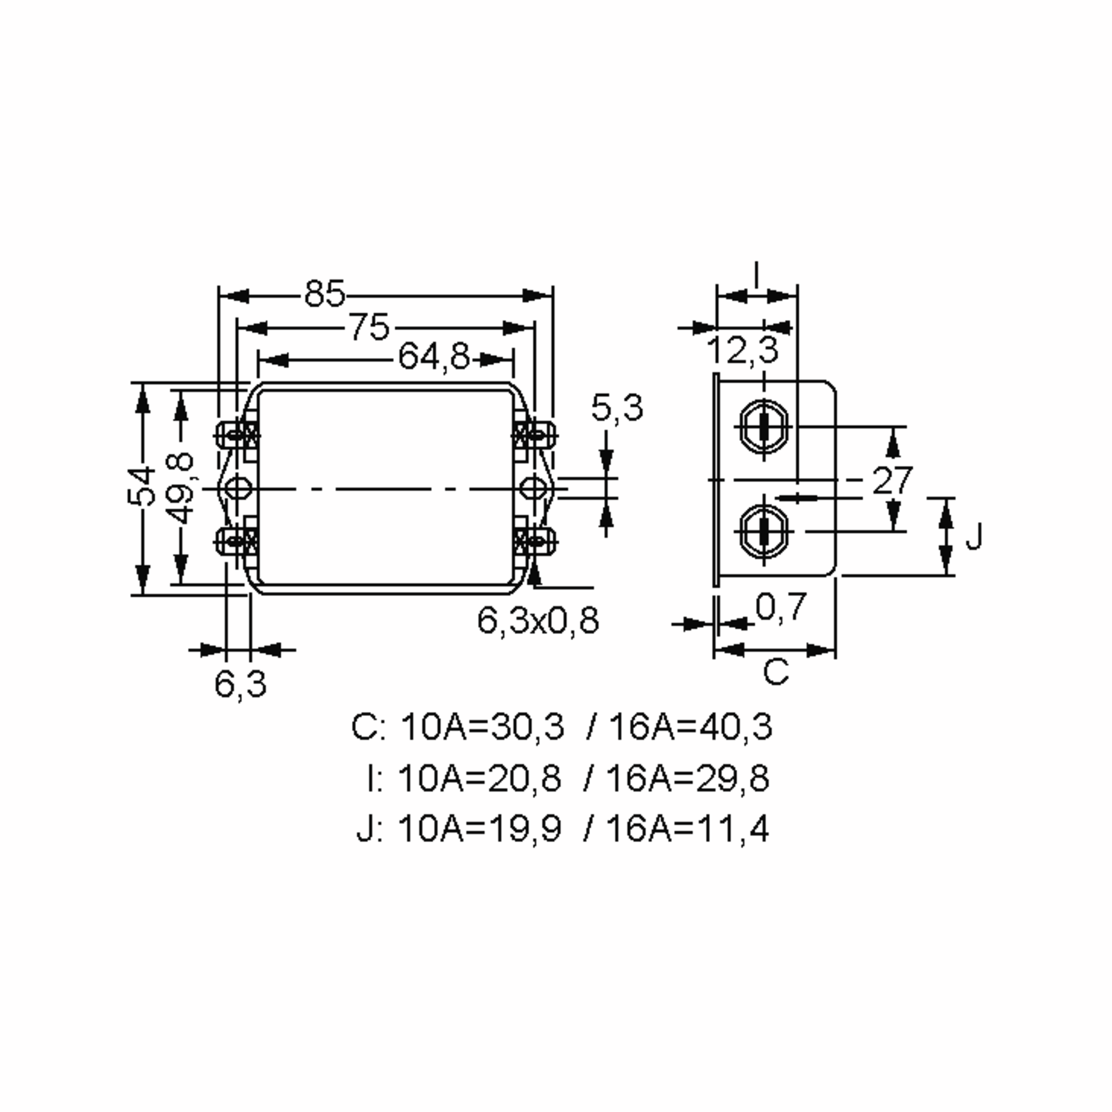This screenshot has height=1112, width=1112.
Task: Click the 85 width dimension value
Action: (324, 294)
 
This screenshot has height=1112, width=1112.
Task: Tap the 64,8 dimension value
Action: (434, 357)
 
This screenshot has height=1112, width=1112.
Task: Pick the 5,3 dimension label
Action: (616, 408)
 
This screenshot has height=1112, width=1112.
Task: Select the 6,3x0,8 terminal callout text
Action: (538, 620)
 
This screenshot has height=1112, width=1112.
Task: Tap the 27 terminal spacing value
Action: (892, 480)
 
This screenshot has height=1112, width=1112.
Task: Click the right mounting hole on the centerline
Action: (533, 489)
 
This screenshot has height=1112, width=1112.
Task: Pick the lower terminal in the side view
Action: (764, 531)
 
